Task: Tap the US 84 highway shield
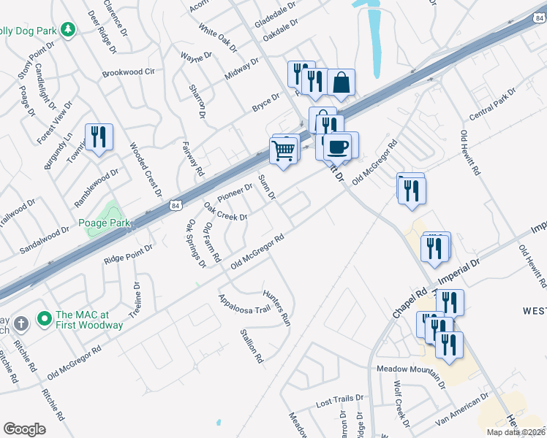point(175,207)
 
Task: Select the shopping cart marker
point(283,151)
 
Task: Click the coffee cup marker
point(337,146)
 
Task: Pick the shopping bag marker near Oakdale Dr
point(341,83)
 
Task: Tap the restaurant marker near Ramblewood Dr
point(99,137)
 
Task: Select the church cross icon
point(22,322)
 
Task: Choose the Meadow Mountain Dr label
point(411,369)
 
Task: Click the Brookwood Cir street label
point(129,72)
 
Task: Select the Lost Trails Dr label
point(339,401)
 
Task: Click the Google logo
point(25,429)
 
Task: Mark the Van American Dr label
point(460,411)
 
